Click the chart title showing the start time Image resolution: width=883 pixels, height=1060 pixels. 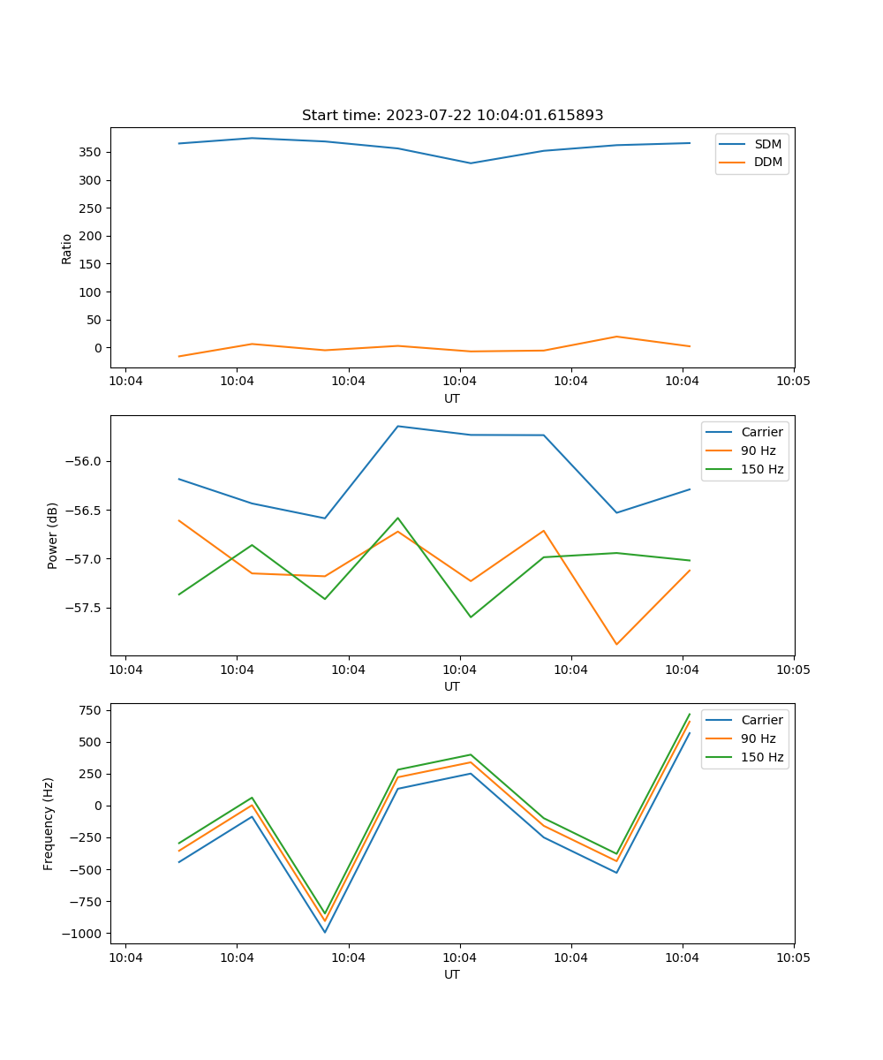coord(452,116)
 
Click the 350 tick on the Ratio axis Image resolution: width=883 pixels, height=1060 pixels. coord(91,152)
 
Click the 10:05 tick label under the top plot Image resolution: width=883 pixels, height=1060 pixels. coord(793,382)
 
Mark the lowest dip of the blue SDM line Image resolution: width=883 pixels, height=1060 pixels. coord(470,163)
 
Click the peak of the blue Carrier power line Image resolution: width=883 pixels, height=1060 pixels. coord(397,427)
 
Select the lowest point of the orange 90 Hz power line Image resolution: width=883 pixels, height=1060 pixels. coord(616,645)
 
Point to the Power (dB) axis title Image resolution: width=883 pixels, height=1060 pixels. coord(53,535)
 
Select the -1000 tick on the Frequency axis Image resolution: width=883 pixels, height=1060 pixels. coord(85,934)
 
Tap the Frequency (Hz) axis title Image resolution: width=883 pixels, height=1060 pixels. coord(49,823)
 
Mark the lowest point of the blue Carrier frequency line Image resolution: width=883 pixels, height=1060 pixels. coord(325,932)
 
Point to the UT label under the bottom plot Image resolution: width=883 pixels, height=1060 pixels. coord(452,974)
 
